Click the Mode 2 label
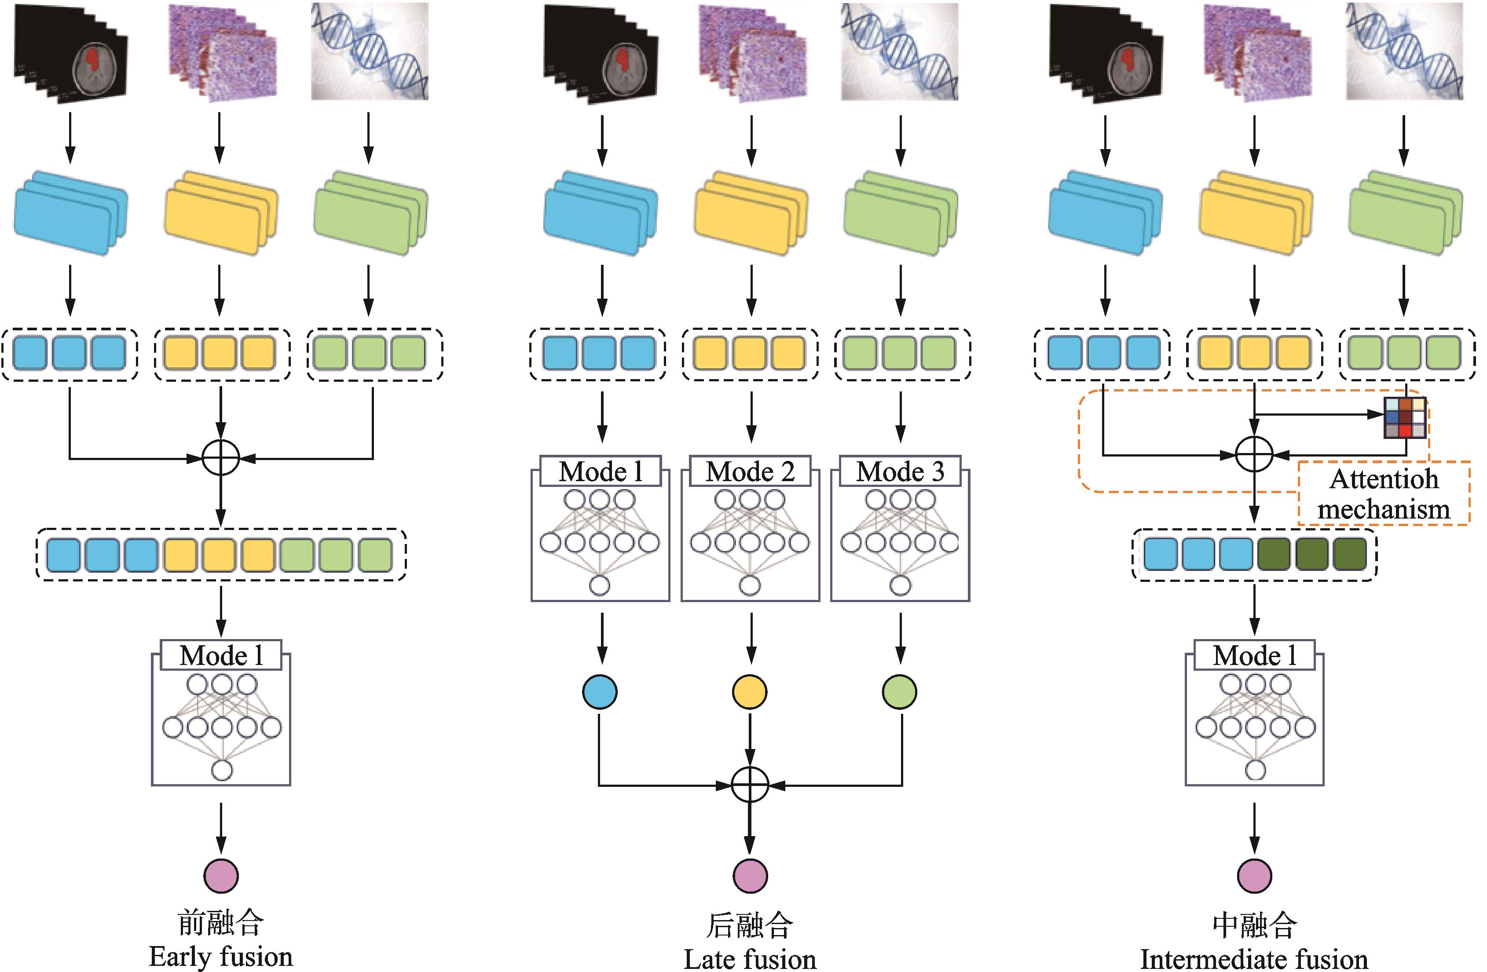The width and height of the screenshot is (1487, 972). [x=750, y=471]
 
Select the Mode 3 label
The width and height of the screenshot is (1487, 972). [x=900, y=471]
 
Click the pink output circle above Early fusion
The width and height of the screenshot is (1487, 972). [x=221, y=875]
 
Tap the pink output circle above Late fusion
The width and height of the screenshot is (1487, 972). [x=750, y=875]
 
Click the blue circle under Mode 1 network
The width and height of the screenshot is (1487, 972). [x=600, y=691]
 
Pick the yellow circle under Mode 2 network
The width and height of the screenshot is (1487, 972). [x=750, y=691]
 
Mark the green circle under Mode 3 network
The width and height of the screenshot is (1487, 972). [x=900, y=691]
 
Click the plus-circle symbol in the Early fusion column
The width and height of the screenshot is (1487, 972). [x=221, y=458]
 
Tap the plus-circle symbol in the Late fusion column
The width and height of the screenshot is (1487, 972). [x=750, y=785]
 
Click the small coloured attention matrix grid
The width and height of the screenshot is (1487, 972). [x=1405, y=417]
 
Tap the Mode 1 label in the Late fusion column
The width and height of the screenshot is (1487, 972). [x=600, y=471]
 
